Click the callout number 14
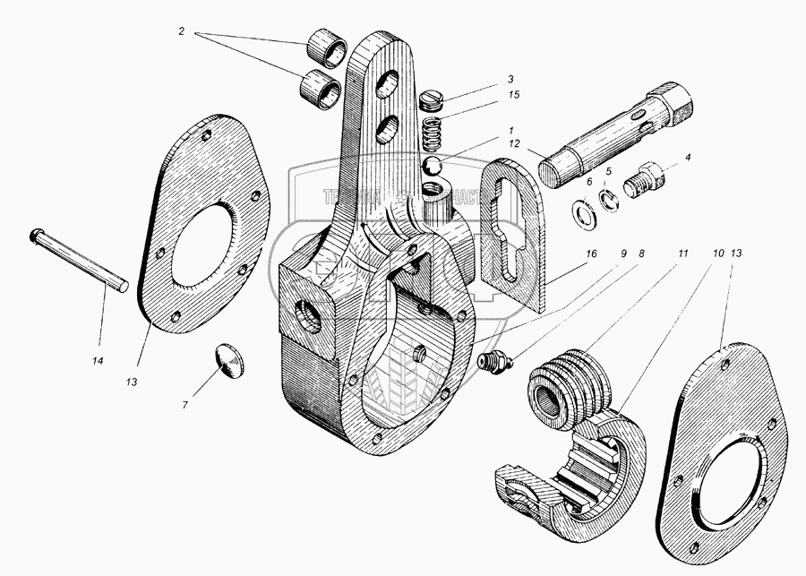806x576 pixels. click(98, 360)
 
